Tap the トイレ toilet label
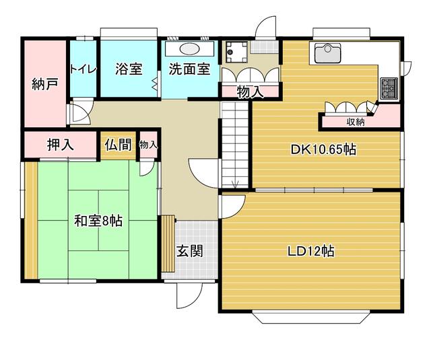(84, 69)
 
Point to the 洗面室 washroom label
(189, 69)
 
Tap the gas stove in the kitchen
(389, 86)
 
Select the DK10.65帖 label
(323, 150)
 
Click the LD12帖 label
(311, 251)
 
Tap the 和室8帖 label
(98, 220)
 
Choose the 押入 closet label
(60, 144)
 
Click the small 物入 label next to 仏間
(148, 144)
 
